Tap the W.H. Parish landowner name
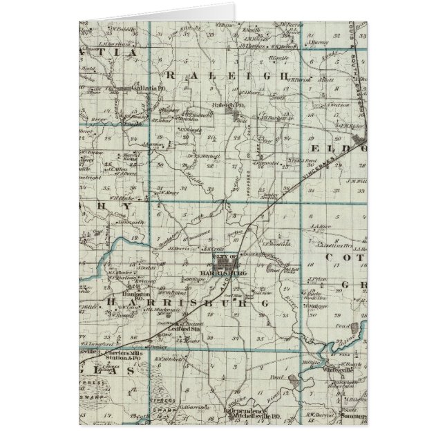(300, 78)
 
